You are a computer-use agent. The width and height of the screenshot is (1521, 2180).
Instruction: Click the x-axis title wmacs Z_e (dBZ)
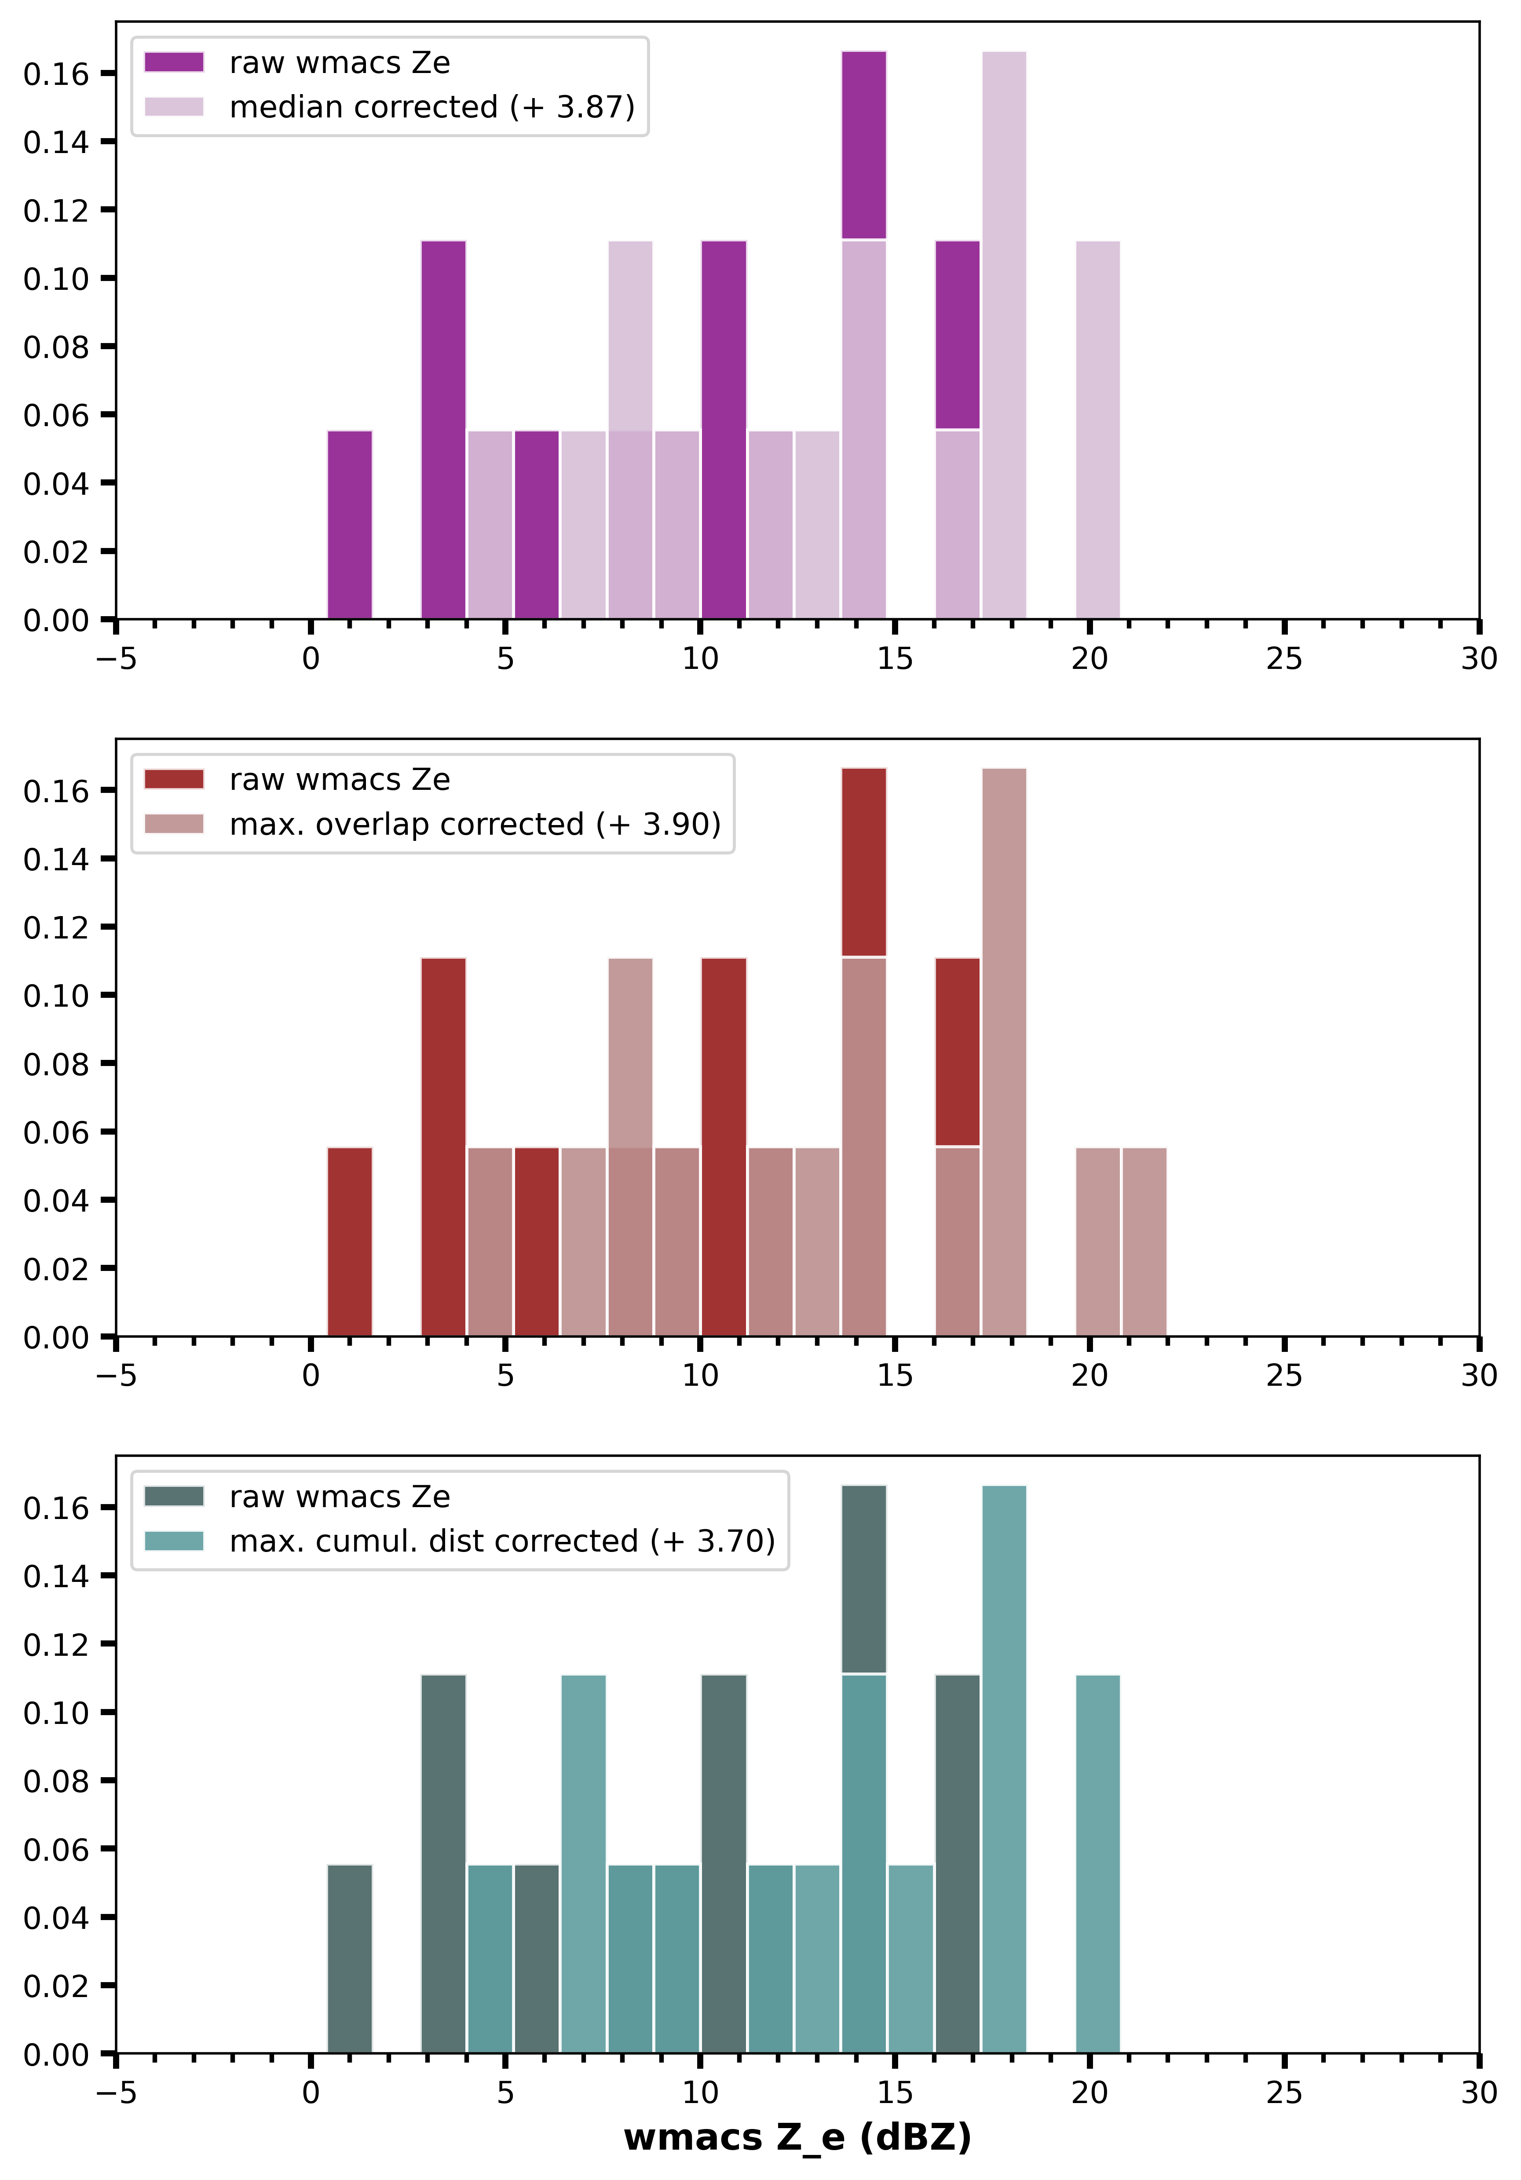tap(797, 2137)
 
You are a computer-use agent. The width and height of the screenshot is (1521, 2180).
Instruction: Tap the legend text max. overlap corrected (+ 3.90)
tap(475, 824)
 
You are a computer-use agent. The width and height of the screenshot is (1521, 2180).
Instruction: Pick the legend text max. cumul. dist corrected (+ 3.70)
tap(502, 1541)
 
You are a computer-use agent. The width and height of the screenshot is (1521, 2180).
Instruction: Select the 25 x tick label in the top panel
tap(1283, 659)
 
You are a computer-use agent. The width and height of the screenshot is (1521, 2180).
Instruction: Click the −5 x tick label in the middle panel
tap(116, 1376)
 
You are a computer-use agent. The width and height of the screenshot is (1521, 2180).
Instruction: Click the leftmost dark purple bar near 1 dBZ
tap(349, 525)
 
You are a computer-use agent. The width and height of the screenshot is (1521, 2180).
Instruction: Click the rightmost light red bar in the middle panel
tap(1144, 1242)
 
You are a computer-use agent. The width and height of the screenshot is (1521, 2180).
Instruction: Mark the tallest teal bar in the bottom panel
tap(1004, 1769)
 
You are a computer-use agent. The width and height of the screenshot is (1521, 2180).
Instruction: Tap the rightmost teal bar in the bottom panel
tap(1097, 1864)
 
